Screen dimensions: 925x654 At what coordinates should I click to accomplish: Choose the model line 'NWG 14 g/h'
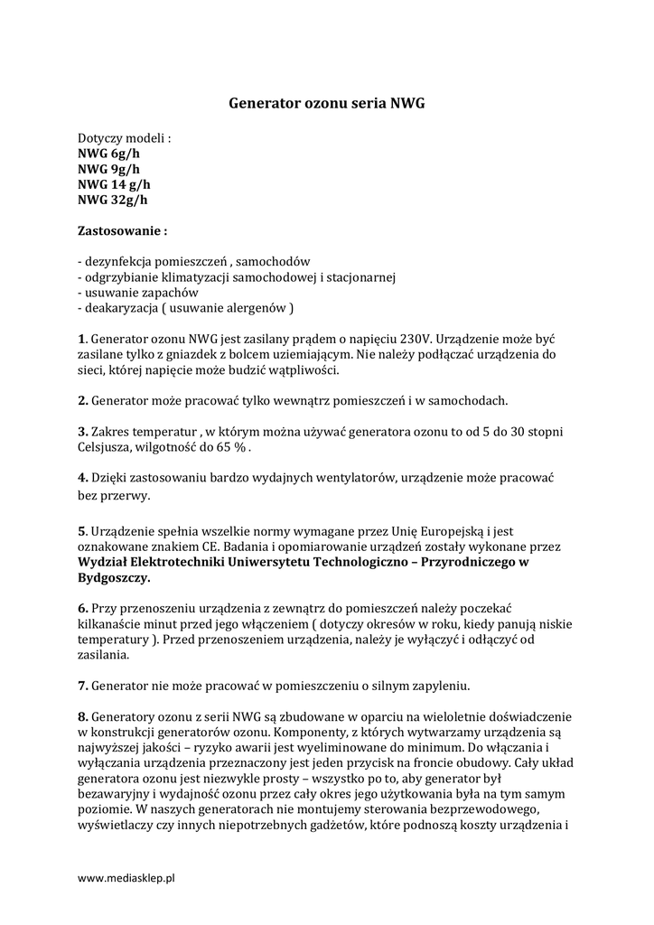click(114, 184)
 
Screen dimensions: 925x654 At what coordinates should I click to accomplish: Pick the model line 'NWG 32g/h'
click(112, 200)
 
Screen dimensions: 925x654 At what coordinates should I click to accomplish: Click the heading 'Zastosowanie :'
click(122, 231)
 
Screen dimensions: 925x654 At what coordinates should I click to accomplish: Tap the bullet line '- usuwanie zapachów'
click(137, 293)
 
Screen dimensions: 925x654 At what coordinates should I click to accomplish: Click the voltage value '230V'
click(406, 339)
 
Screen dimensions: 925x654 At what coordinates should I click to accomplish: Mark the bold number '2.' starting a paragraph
click(82, 400)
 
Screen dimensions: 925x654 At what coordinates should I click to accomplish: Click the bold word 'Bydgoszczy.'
click(115, 577)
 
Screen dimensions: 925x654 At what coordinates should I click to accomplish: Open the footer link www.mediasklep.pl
click(126, 878)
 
